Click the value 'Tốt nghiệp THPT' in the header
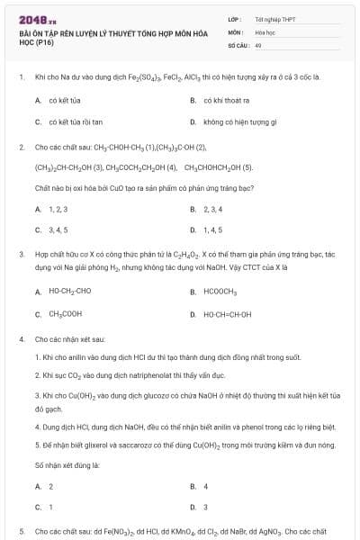[269, 18]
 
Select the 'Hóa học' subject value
[265, 31]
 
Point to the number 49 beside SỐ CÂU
[258, 43]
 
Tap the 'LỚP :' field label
[234, 18]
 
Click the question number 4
[21, 339]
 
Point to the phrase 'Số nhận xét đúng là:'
[67, 465]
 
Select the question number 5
[21, 532]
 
